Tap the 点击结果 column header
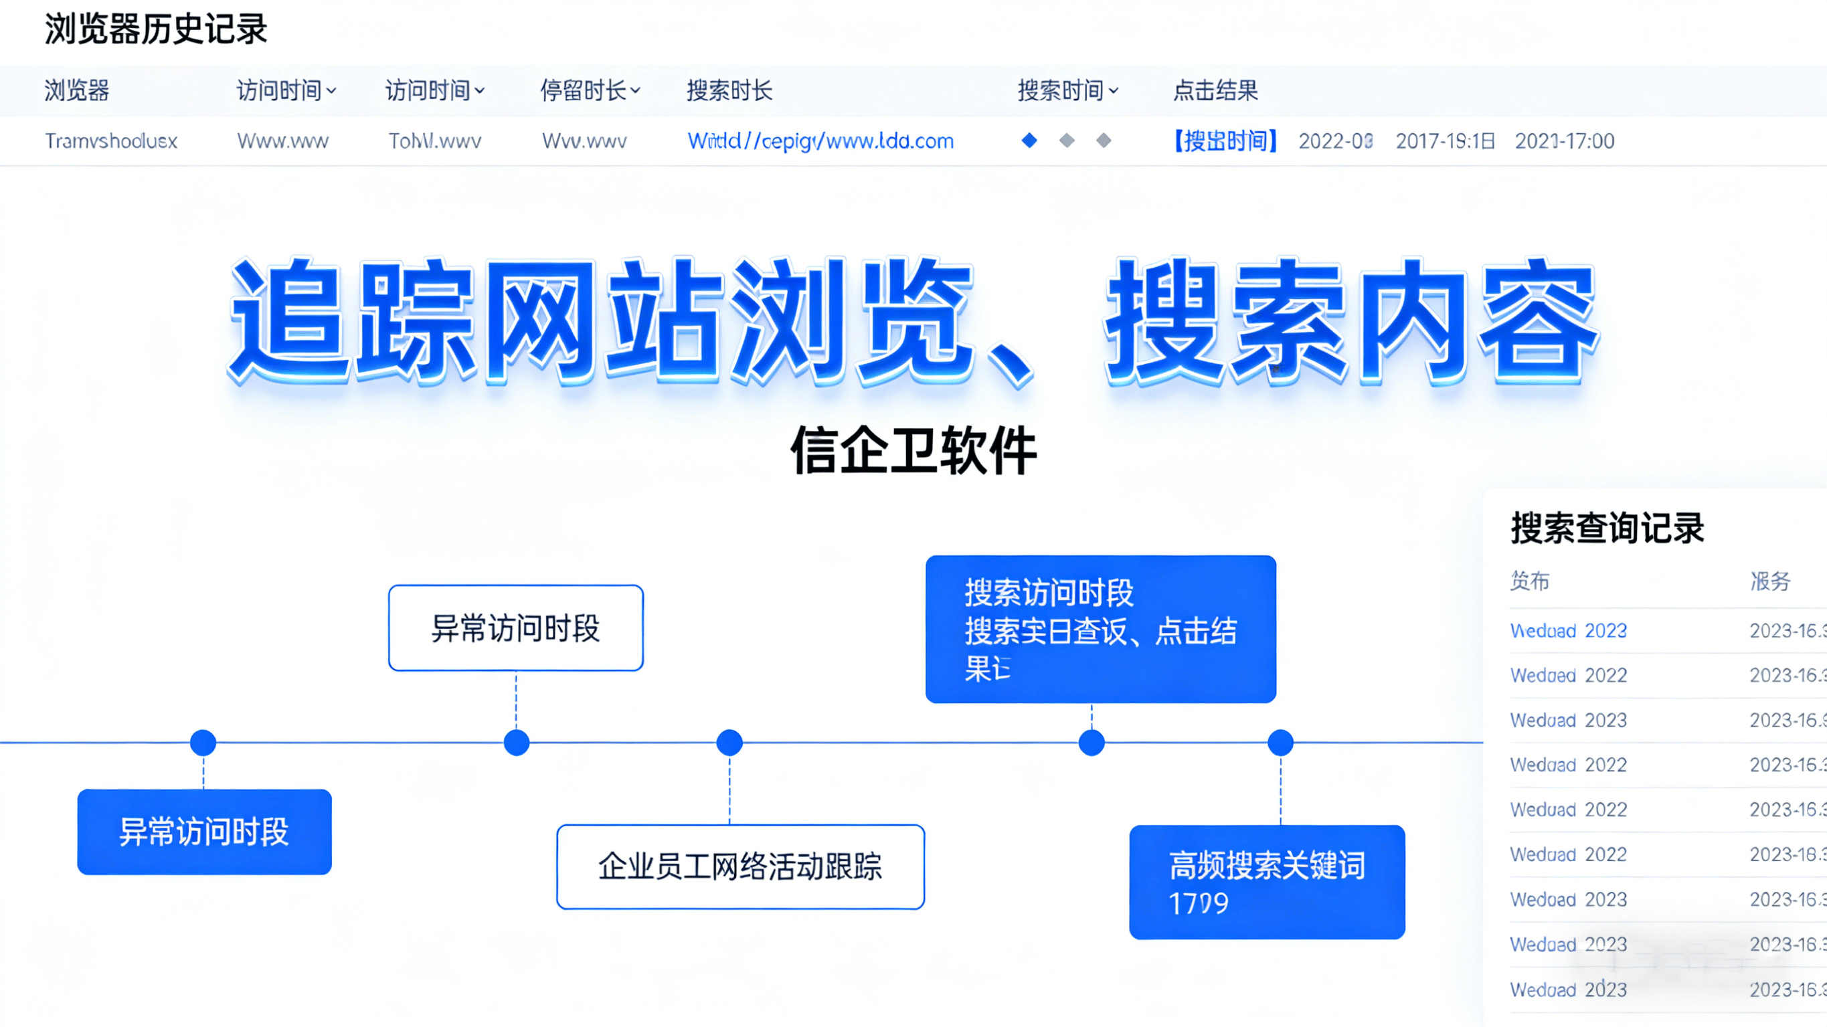1215,91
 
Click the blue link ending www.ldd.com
820,141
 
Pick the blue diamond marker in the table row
1029,141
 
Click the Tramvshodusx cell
111,141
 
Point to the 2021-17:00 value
1565,141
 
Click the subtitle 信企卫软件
913,451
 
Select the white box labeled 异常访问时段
515,628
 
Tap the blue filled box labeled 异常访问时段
204,831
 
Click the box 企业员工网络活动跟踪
740,866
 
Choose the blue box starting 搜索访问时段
1100,629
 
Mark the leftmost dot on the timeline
203,743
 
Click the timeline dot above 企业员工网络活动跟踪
729,743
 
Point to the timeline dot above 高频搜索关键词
1280,743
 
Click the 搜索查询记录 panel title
1607,529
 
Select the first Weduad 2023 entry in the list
1568,630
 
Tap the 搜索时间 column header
1067,91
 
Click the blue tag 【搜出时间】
1225,141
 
